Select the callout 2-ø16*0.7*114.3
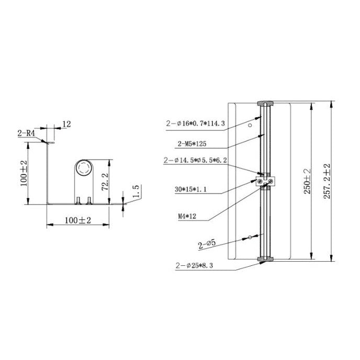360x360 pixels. [195, 123]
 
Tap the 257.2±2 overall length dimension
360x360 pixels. [327, 179]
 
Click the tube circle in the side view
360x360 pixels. [83, 167]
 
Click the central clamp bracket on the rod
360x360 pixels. [266, 181]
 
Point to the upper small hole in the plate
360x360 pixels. [250, 125]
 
